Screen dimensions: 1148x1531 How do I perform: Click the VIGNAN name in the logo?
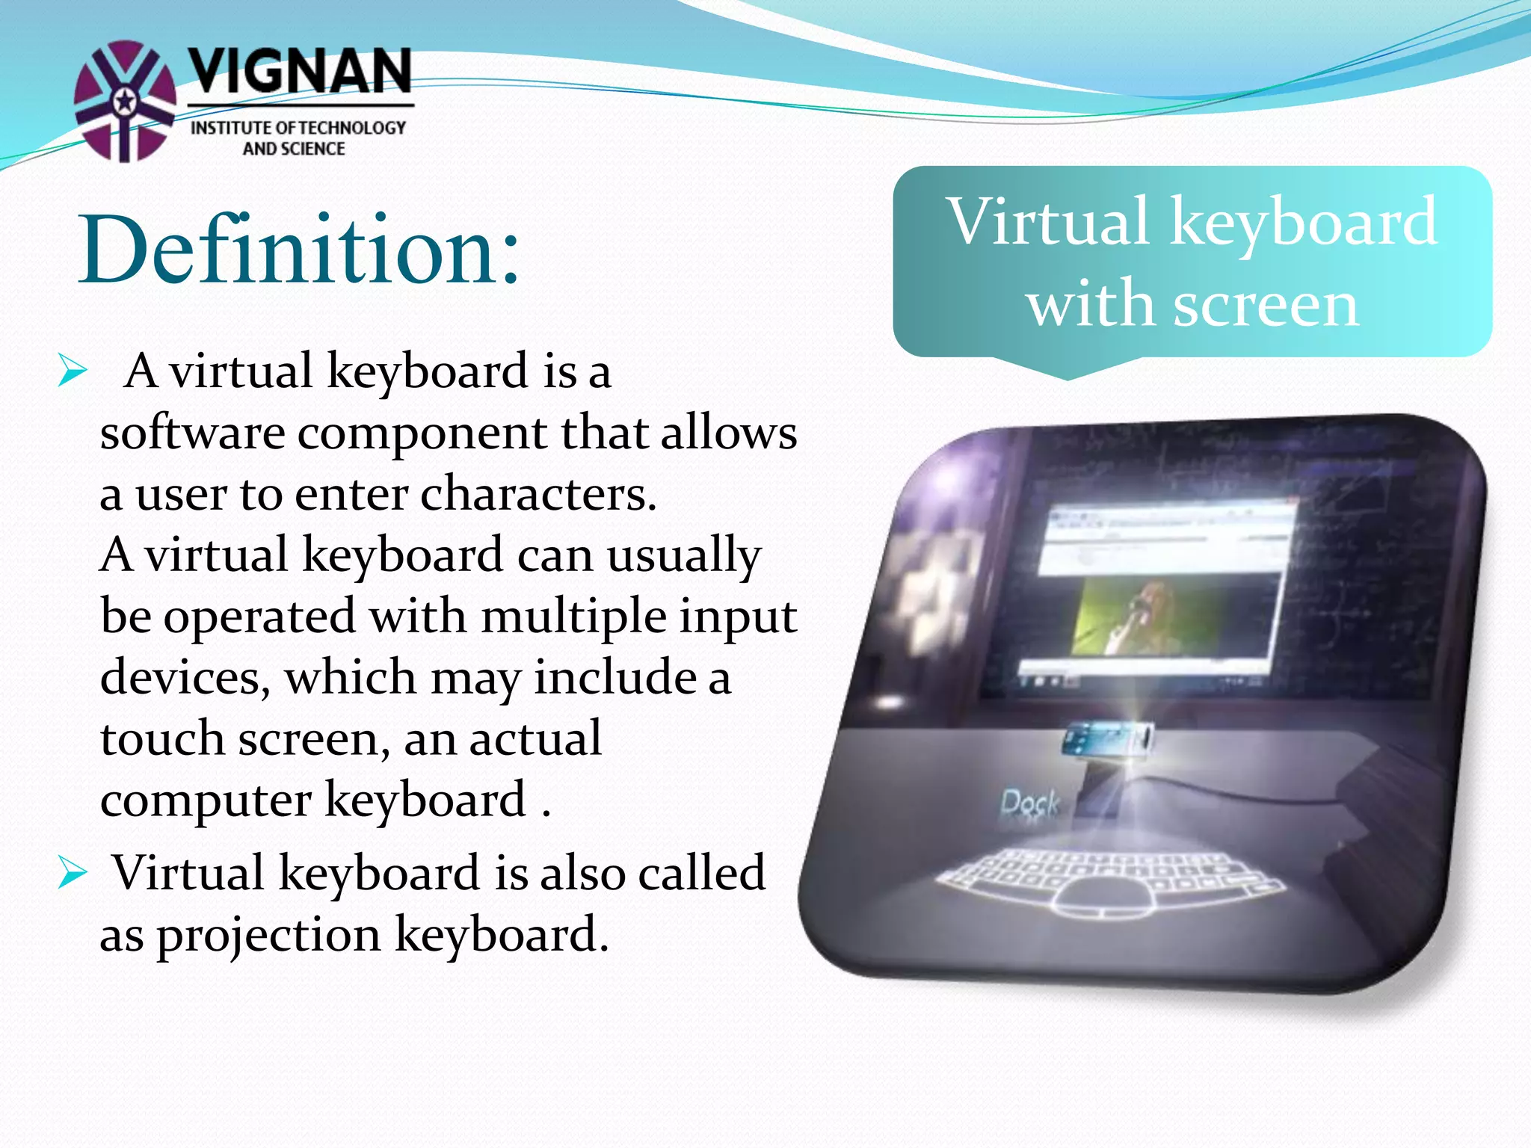coord(299,71)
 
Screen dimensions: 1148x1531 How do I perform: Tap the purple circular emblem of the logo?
coord(125,101)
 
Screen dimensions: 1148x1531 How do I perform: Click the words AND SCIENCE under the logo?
coord(294,149)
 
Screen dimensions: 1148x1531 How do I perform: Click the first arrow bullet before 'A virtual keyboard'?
coord(73,371)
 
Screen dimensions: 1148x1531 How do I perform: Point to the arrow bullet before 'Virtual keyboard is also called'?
coord(73,873)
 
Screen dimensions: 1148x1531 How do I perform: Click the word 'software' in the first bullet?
coord(192,433)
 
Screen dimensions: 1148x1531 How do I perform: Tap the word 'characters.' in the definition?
coord(538,494)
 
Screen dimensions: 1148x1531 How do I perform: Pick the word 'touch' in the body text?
coord(162,739)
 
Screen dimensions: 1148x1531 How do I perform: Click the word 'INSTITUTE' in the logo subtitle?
coord(232,129)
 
